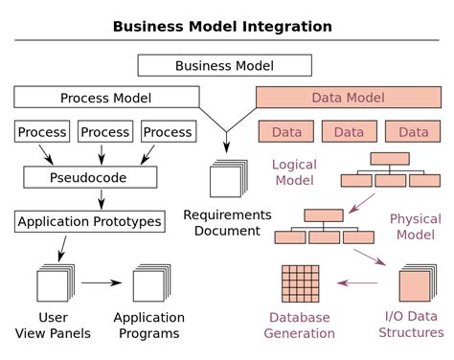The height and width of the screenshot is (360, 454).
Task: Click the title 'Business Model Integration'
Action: pos(222,26)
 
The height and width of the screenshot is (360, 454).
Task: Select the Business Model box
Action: pos(224,65)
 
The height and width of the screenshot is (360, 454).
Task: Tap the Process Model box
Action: pos(104,98)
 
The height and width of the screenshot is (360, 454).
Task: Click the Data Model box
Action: pos(349,98)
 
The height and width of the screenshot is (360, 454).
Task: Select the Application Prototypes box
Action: pos(89,222)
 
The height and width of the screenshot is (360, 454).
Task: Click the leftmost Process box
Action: pos(42,132)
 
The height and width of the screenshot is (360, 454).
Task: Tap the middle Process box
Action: pos(104,132)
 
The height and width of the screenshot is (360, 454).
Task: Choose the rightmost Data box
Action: pos(414,132)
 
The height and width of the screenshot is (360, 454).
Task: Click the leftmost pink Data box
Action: pos(286,132)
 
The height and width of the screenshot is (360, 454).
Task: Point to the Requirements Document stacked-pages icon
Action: pos(227,179)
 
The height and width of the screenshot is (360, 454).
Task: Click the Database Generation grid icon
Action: pos(300,283)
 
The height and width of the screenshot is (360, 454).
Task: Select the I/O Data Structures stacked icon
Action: pos(415,285)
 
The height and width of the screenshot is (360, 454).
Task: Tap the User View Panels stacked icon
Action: pos(53,284)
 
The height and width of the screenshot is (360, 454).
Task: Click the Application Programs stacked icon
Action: pos(149,284)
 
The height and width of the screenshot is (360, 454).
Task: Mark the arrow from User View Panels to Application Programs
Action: pos(101,283)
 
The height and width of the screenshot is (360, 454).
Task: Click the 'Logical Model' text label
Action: pos(294,172)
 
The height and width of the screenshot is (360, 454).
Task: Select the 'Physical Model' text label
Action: pos(415,227)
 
